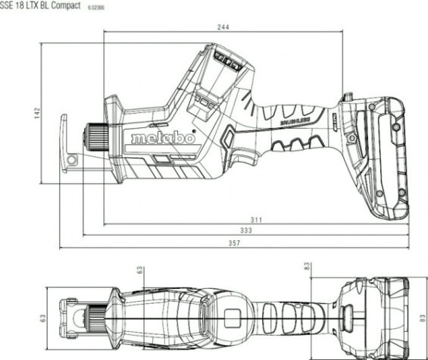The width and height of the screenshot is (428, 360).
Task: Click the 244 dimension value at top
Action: click(x=221, y=27)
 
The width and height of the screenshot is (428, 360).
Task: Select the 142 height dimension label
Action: click(x=45, y=114)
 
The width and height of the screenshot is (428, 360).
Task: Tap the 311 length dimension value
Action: click(x=257, y=220)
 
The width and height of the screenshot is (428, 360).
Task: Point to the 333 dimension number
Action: click(x=246, y=230)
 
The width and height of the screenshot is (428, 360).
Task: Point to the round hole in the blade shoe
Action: click(x=73, y=160)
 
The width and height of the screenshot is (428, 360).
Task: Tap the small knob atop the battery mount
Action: click(x=348, y=98)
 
